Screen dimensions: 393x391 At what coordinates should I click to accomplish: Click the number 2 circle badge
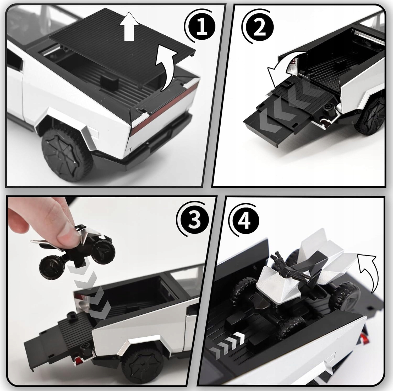pyautogui.click(x=259, y=28)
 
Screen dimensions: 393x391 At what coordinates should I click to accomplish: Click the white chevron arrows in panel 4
pyautogui.click(x=228, y=341)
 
